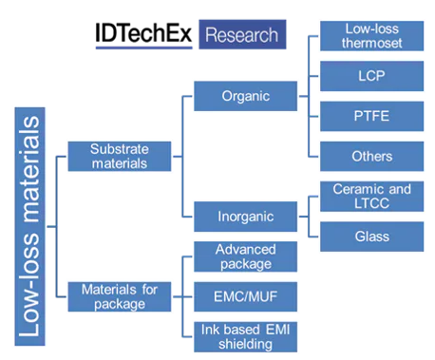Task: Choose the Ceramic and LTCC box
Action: [371, 197]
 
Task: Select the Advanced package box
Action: [244, 256]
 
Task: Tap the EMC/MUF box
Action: [244, 296]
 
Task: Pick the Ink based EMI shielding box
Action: [244, 336]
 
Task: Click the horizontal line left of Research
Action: [142, 48]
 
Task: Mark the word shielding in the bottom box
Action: [244, 344]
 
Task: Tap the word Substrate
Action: [119, 149]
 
